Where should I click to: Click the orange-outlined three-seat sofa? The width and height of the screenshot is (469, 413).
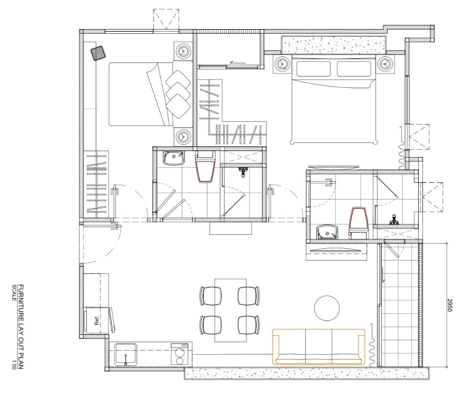[319, 347]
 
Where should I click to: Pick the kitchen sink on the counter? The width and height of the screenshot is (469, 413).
[126, 353]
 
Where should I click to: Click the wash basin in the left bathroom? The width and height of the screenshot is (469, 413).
[174, 158]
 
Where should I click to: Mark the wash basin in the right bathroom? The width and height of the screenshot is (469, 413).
[328, 231]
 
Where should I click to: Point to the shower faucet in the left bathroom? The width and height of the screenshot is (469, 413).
[243, 172]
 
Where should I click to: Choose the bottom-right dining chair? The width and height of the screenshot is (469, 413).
[248, 324]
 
